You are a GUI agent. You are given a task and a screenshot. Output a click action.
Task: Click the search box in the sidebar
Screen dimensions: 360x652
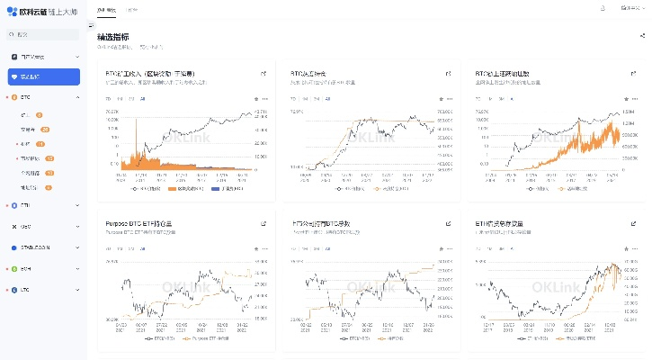(x=44, y=34)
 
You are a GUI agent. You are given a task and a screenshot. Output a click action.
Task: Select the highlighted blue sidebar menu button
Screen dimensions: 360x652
(x=44, y=76)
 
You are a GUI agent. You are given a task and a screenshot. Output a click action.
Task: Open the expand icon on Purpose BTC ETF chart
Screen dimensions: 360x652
(x=263, y=222)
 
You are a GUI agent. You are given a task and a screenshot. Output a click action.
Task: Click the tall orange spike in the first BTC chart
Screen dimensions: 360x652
(x=136, y=135)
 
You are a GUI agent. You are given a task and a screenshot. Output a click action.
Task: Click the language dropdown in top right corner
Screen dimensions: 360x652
(x=629, y=8)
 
